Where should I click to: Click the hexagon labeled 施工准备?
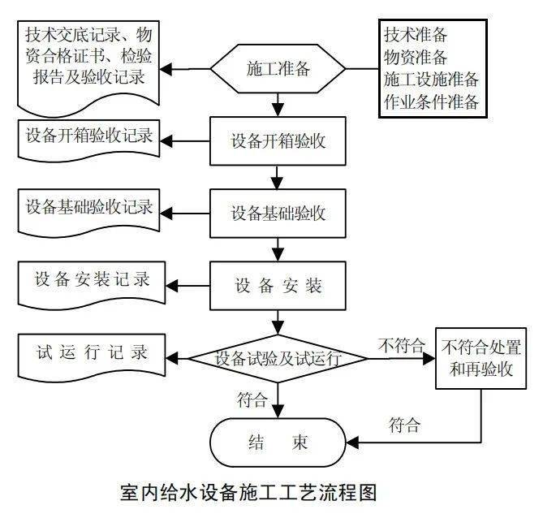tap(278, 69)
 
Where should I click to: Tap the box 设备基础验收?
tap(278, 214)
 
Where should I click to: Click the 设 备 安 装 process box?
tap(278, 285)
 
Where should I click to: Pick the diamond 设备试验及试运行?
tap(278, 357)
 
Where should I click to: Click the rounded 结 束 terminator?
tap(278, 442)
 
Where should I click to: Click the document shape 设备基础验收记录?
tap(87, 208)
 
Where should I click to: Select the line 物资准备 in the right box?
tap(416, 58)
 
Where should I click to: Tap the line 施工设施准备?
tap(431, 80)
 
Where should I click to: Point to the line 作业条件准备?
tap(431, 101)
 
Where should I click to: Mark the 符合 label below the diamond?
tap(252, 399)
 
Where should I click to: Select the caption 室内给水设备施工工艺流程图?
tap(248, 492)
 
